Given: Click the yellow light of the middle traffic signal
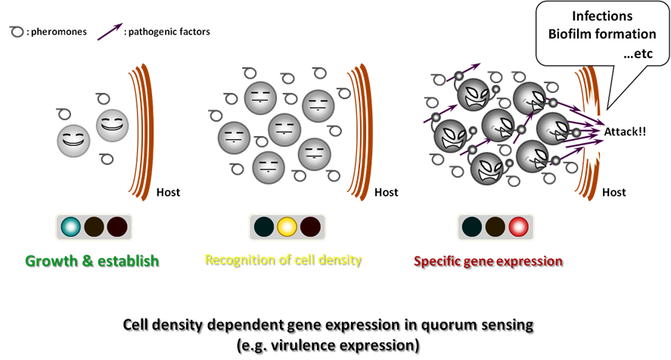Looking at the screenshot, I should (x=287, y=227).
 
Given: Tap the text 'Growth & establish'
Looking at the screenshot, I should (x=92, y=262).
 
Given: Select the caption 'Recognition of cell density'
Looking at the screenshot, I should (x=283, y=260).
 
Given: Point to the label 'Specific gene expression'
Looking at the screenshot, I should (x=488, y=262).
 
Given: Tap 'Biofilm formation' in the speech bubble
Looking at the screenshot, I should (x=603, y=34).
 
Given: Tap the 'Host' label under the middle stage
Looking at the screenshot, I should (x=387, y=192).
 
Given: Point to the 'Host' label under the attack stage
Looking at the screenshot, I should (x=614, y=192).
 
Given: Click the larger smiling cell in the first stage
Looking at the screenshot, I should (x=113, y=123).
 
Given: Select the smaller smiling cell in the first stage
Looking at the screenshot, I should (x=74, y=141).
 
